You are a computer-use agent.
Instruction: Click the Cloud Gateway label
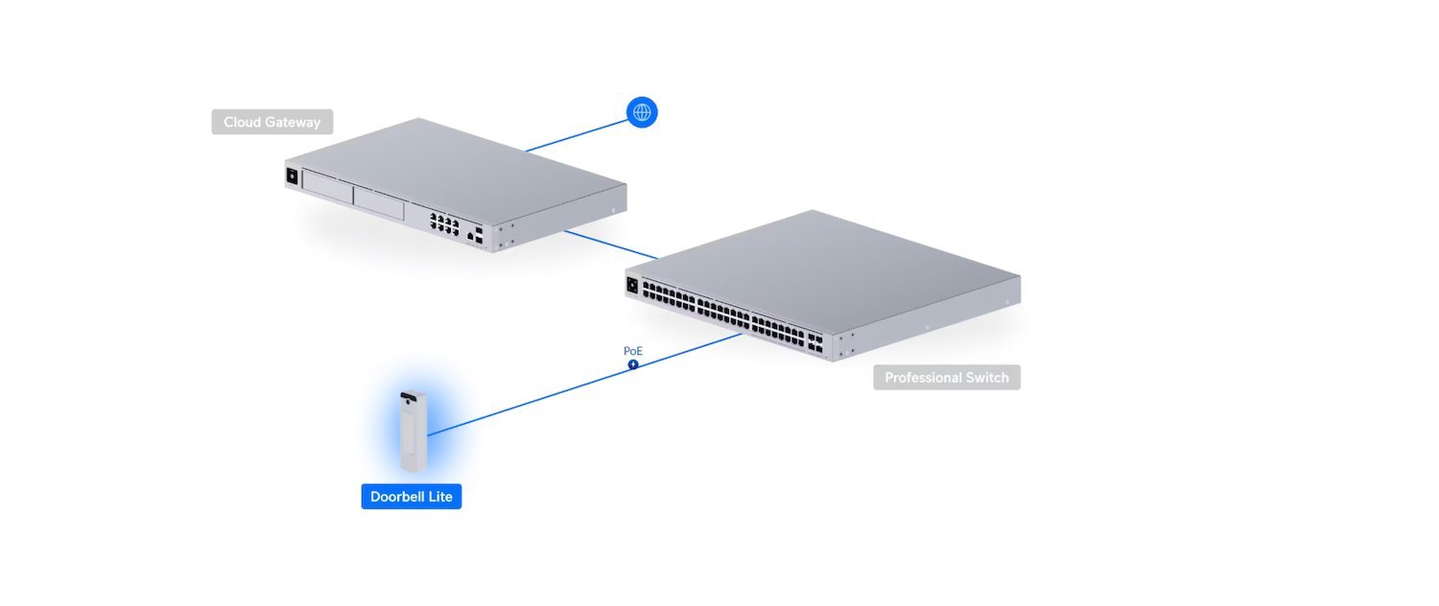pyautogui.click(x=272, y=122)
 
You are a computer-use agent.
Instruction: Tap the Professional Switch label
pyautogui.click(x=946, y=377)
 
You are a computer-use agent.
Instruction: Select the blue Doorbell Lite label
pyautogui.click(x=411, y=497)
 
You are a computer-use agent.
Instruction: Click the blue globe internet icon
pyautogui.click(x=642, y=112)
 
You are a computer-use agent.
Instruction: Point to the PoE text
pyautogui.click(x=632, y=351)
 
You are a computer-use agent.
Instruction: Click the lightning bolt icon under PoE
pyautogui.click(x=633, y=364)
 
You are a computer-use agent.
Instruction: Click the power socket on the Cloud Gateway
pyautogui.click(x=292, y=175)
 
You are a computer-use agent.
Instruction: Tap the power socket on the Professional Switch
pyautogui.click(x=632, y=285)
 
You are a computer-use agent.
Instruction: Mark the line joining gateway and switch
pyautogui.click(x=610, y=244)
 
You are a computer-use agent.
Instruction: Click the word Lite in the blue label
pyautogui.click(x=439, y=497)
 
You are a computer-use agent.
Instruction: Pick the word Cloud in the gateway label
pyautogui.click(x=243, y=122)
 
